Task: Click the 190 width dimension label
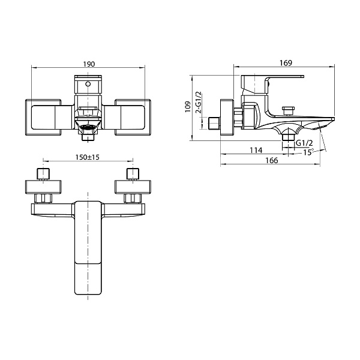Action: coord(89,64)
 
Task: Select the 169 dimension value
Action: coord(286,63)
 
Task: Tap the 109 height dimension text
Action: coord(188,107)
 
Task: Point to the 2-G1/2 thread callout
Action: coord(199,103)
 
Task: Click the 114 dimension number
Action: coord(256,150)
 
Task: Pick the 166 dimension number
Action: coord(272,160)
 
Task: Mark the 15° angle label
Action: coord(308,152)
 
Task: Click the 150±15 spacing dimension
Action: coord(88,157)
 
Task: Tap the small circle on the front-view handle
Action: coord(88,84)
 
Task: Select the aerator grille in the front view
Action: coord(88,127)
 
